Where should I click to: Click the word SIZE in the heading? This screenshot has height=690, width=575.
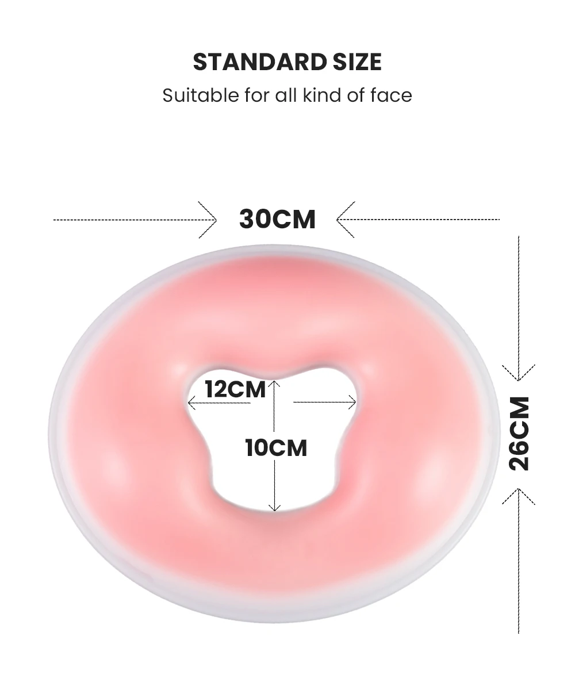[357, 62]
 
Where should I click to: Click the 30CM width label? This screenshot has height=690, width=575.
[277, 219]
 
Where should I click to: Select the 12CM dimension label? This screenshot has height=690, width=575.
[236, 389]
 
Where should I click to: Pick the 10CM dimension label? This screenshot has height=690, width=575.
[276, 448]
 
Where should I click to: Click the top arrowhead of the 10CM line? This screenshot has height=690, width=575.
[275, 382]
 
